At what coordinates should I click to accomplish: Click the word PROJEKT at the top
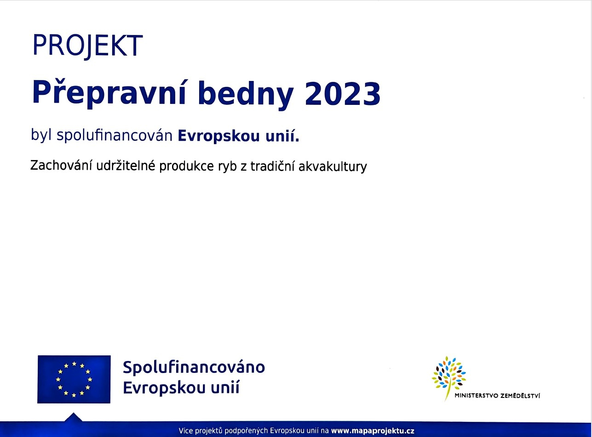tap(87, 46)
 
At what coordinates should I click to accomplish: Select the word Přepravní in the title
tap(109, 93)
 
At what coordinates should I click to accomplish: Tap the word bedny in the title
tap(245, 94)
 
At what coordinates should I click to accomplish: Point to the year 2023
tap(343, 94)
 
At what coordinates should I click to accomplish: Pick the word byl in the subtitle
tap(41, 135)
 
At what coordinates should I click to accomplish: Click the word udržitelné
tap(126, 166)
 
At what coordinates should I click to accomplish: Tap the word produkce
tap(186, 167)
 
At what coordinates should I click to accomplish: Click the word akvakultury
tap(333, 167)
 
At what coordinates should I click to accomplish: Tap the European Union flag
tap(74, 379)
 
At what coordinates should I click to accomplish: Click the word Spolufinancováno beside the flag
tap(194, 367)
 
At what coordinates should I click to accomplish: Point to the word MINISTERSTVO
tap(476, 396)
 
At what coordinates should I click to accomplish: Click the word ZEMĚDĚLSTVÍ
tap(520, 395)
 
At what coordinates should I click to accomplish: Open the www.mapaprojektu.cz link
tap(373, 431)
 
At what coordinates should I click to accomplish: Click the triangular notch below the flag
tap(74, 417)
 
